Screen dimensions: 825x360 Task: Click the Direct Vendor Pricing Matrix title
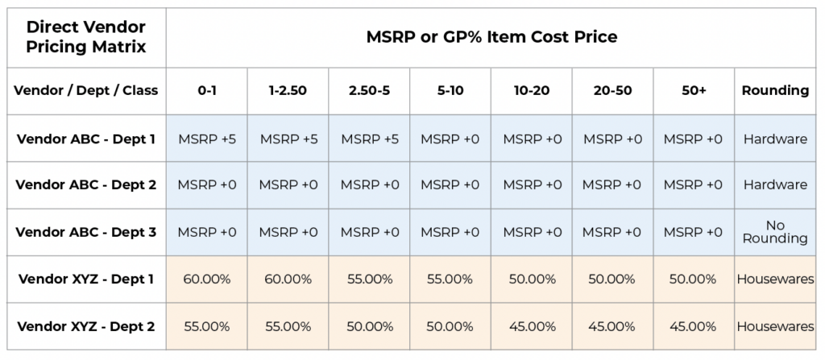click(85, 37)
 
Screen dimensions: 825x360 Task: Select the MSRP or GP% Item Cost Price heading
click(491, 37)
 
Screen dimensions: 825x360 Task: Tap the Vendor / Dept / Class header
click(85, 90)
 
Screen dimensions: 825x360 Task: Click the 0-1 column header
click(207, 90)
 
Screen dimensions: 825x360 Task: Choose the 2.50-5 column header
click(369, 90)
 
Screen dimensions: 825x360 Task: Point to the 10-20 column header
click(532, 90)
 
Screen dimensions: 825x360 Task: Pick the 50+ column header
click(694, 90)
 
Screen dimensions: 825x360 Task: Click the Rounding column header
click(775, 90)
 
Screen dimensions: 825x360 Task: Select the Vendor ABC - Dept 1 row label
click(85, 139)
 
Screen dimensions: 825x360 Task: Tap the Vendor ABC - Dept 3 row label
click(85, 232)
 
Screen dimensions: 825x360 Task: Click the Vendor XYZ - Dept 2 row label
click(85, 326)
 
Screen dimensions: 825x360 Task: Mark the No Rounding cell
click(775, 232)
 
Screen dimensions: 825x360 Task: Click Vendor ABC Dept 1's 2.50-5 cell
click(369, 139)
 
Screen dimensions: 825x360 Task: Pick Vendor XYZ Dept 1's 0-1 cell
click(207, 279)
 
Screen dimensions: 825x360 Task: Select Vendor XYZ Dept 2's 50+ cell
click(694, 326)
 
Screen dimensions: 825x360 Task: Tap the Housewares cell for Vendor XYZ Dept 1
click(775, 279)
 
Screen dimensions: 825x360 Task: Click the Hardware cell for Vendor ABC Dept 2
click(775, 184)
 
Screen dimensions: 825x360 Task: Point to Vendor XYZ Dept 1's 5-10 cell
click(450, 279)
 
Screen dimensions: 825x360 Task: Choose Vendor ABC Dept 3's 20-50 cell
click(612, 232)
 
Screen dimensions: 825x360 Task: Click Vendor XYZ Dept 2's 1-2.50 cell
click(288, 326)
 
